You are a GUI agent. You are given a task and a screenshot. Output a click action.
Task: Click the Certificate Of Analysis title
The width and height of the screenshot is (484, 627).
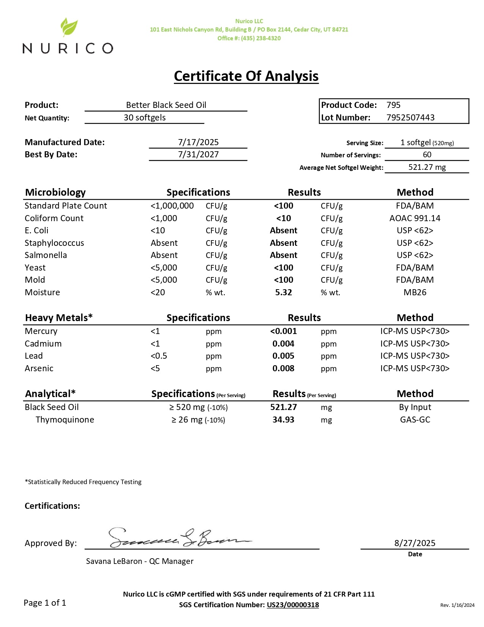[x=246, y=76]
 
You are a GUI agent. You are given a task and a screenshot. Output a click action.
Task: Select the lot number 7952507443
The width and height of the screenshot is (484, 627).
[x=410, y=117]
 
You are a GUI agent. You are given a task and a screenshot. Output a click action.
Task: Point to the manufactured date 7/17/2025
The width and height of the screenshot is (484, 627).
[x=198, y=142]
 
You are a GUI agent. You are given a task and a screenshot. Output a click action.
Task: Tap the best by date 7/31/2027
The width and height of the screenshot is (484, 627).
[x=198, y=154]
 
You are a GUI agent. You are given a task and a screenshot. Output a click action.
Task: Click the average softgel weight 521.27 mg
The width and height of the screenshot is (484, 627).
[x=427, y=167]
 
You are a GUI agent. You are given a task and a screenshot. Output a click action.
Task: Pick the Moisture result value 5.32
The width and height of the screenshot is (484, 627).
[x=284, y=292]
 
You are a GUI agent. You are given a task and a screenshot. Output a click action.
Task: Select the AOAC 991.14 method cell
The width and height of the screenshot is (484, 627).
[x=415, y=218]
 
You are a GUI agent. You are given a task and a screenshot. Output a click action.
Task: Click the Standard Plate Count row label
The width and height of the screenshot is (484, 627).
[x=66, y=206]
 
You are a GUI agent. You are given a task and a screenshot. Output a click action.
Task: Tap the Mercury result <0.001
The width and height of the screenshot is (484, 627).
[x=284, y=331]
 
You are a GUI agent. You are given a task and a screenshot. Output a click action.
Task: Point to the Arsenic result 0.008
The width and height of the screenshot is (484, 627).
[x=284, y=368]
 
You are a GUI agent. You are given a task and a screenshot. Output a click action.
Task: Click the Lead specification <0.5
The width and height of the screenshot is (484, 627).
[x=159, y=356]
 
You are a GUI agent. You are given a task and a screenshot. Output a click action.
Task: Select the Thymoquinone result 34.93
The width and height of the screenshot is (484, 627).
[x=284, y=420]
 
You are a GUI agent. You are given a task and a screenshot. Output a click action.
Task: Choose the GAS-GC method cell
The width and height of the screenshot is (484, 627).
[x=415, y=420]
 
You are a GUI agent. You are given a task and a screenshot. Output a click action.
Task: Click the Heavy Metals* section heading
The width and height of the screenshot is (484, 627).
[x=59, y=318]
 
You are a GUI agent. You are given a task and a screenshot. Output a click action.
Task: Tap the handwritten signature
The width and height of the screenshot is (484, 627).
[x=178, y=538]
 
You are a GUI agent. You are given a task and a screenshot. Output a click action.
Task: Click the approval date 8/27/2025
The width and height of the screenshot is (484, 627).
[x=415, y=543]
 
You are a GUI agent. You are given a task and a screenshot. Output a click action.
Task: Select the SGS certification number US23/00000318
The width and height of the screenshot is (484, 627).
[x=293, y=605]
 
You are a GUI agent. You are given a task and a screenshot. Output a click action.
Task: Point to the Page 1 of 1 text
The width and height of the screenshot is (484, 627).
[x=45, y=603]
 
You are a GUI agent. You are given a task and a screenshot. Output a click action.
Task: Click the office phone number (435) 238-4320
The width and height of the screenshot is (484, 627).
[x=261, y=38]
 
